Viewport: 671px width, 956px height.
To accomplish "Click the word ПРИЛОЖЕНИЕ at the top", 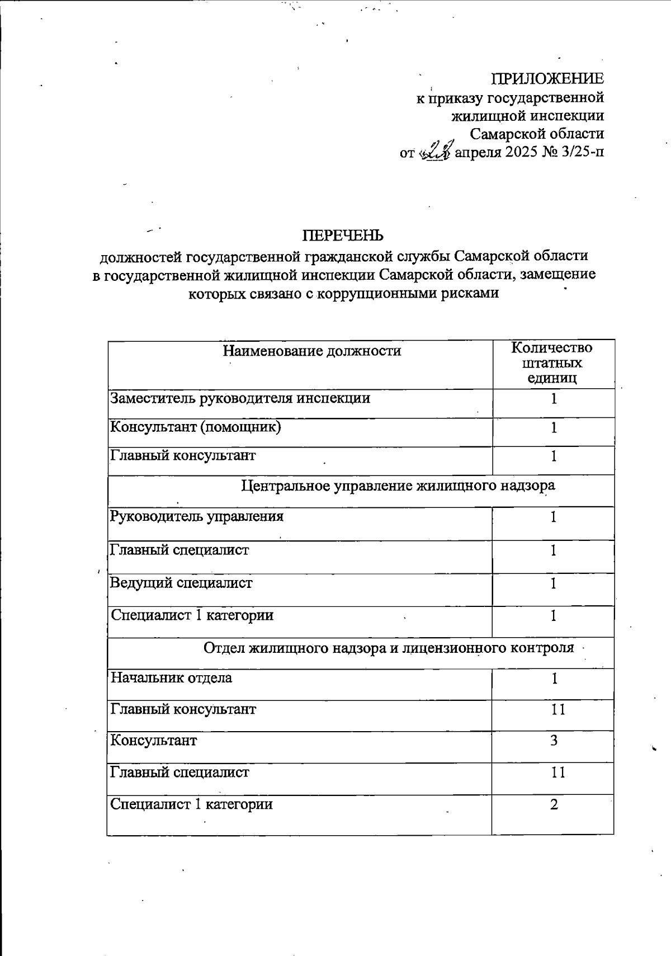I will (547, 78).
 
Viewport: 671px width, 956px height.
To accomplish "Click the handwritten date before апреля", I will (434, 152).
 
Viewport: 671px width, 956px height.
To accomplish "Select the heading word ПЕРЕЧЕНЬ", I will (343, 236).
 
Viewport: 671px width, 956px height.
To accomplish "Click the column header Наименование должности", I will (312, 351).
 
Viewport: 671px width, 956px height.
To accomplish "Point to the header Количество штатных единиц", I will (552, 363).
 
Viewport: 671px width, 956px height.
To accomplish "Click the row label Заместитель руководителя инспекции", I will (240, 398).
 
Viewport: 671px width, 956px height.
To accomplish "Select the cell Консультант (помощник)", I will (196, 427).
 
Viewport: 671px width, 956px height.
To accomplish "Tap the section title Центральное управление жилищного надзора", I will (398, 486).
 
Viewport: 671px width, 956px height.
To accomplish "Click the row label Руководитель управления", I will (197, 516).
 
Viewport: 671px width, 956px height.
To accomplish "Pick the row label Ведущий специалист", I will (181, 583).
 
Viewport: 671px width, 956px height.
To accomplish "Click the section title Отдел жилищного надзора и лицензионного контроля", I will (389, 648).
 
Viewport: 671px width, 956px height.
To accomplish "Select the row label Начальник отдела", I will (171, 678).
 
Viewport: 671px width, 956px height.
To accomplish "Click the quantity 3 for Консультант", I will (554, 741).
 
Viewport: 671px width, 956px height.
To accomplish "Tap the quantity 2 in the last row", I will (554, 804).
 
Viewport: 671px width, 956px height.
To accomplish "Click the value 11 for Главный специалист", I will (557, 773).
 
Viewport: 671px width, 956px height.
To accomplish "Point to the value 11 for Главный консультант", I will (557, 709).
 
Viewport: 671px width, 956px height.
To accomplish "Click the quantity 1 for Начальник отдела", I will (554, 679).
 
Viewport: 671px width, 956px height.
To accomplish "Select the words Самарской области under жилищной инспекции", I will (536, 134).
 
